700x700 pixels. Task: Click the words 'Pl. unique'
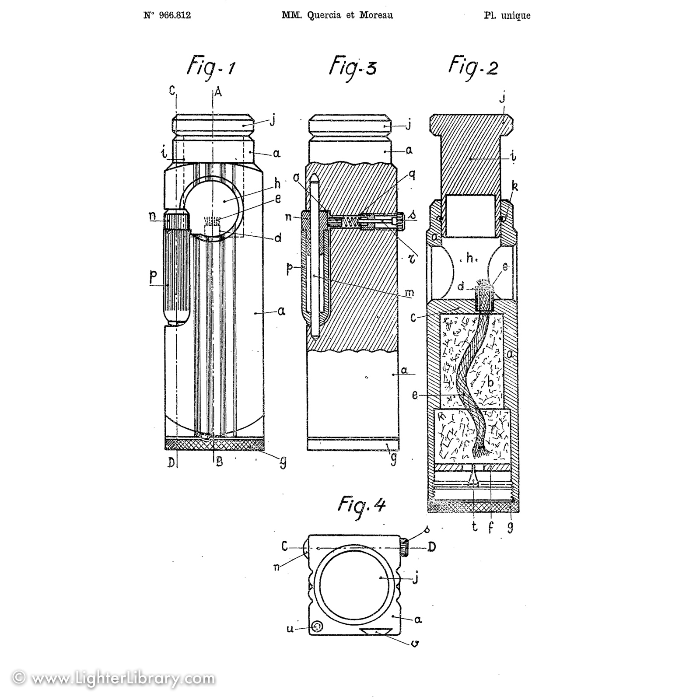(x=507, y=16)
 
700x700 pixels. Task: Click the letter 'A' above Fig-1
(x=217, y=91)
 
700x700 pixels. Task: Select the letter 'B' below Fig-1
(x=219, y=462)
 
